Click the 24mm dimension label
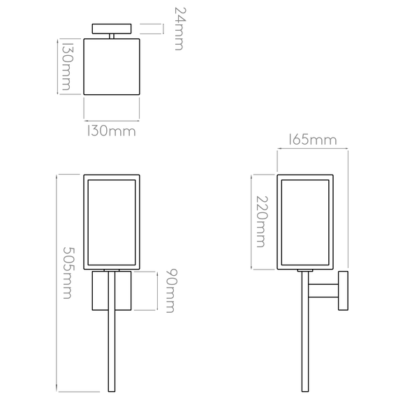pyautogui.click(x=179, y=29)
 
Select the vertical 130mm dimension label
pyautogui.click(x=67, y=66)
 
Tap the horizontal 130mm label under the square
pyautogui.click(x=112, y=131)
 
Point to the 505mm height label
pyautogui.click(x=68, y=272)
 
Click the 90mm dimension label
pyautogui.click(x=171, y=291)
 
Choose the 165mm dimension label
pyautogui.click(x=312, y=140)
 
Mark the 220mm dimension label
pyautogui.click(x=261, y=222)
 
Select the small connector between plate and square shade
pyautogui.click(x=112, y=36)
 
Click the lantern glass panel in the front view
pyautogui.click(x=112, y=222)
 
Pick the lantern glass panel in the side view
pyautogui.click(x=305, y=222)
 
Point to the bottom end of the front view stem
pyautogui.click(x=112, y=392)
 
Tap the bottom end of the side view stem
pyautogui.click(x=305, y=392)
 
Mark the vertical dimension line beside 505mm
pyautogui.click(x=57, y=284)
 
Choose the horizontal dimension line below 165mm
pyautogui.click(x=313, y=148)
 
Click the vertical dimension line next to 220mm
pyautogui.click(x=251, y=222)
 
